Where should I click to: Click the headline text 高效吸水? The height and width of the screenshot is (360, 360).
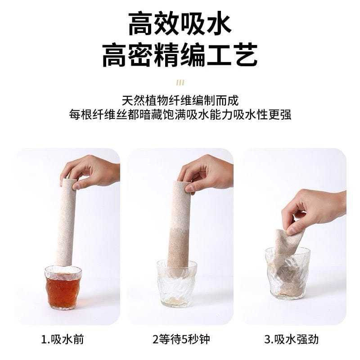point(180,24)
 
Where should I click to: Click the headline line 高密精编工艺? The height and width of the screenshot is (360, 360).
point(180,55)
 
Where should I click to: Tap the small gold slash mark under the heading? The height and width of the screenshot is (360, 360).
point(180,82)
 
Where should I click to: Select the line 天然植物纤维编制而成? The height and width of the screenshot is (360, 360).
point(180,100)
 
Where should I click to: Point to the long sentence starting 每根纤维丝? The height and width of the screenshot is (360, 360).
point(180,114)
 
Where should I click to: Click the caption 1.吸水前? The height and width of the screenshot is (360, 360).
point(63,339)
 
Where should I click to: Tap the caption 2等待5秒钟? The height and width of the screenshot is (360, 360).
point(181,339)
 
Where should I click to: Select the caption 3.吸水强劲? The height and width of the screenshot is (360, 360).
point(291,339)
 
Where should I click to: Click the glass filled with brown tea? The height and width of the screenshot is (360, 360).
point(63,288)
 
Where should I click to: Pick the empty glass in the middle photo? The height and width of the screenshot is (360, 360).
point(177,284)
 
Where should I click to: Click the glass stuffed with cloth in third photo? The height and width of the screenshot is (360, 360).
point(288,273)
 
